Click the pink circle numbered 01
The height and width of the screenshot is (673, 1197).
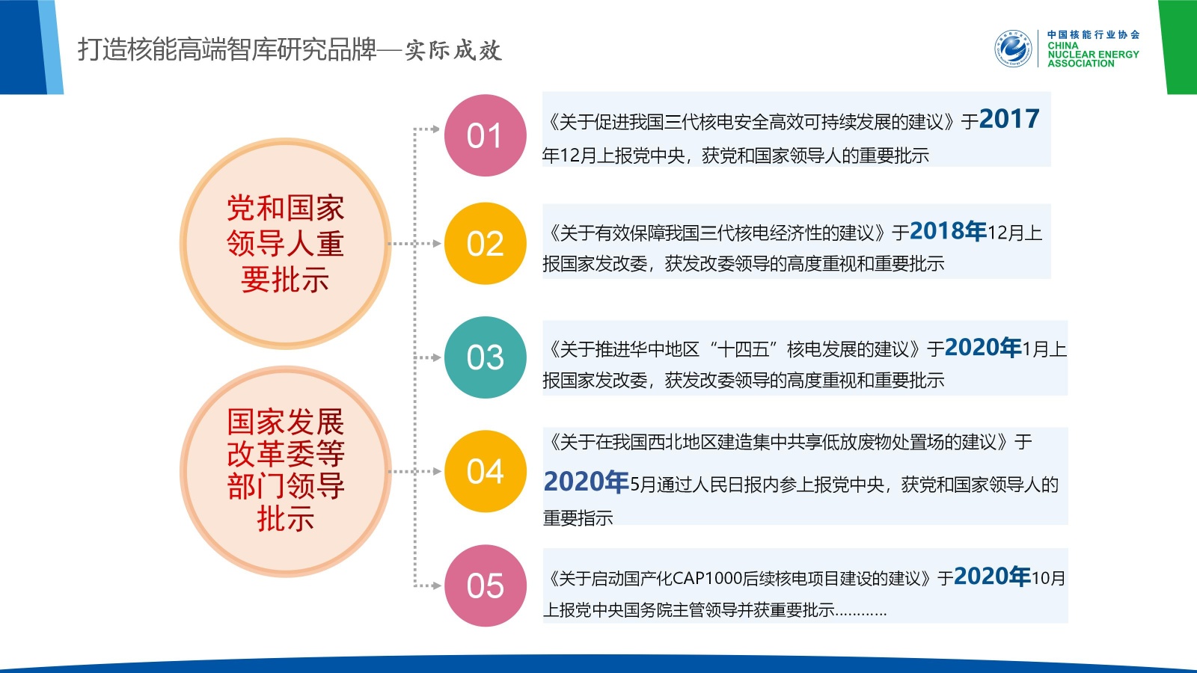(x=486, y=135)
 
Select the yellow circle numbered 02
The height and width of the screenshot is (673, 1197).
(x=486, y=244)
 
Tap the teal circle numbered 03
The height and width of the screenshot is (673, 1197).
(x=486, y=357)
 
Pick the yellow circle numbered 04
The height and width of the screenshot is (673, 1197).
(x=486, y=471)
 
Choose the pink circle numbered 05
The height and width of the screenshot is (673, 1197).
(x=486, y=586)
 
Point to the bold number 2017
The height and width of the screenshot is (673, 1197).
(x=1009, y=119)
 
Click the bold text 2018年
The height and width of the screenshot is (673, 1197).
(x=948, y=231)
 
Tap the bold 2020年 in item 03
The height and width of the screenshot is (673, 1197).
(x=983, y=348)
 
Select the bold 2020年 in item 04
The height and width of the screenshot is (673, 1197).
(x=587, y=482)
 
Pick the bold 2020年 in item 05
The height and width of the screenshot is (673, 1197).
(x=992, y=577)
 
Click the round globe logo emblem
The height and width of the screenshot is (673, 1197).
(x=1013, y=49)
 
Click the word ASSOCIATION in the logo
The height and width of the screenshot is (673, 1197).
(x=1081, y=64)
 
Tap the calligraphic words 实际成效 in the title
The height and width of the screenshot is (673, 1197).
(x=453, y=50)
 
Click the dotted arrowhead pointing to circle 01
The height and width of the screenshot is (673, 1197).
(x=435, y=129)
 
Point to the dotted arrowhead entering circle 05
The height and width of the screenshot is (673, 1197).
(x=435, y=586)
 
